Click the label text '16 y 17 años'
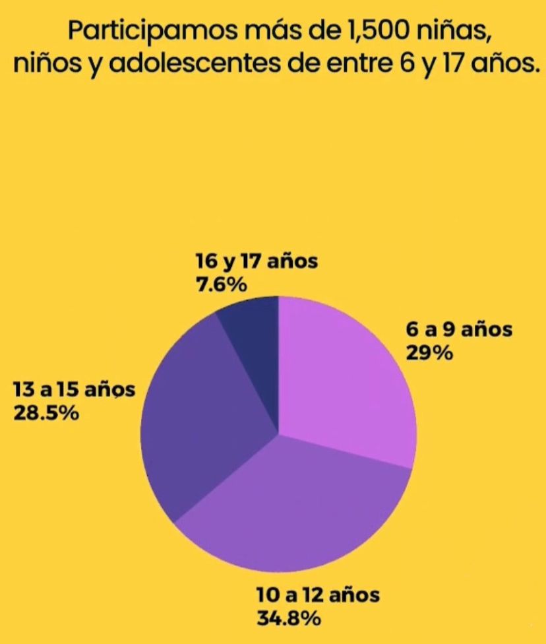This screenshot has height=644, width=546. click(x=257, y=261)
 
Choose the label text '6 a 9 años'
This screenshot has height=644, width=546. click(x=458, y=329)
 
